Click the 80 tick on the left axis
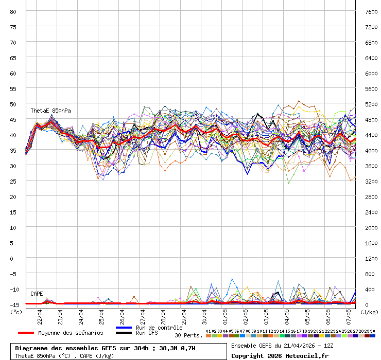coord(13,11)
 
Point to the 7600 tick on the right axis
coord(371,11)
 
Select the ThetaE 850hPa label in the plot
coord(50,111)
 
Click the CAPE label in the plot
coord(37,294)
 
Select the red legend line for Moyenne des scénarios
coord(26,333)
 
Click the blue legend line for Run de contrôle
coord(124,328)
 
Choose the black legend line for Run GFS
coord(124,333)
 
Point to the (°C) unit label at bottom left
coord(16,312)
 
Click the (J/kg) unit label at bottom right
coord(369,312)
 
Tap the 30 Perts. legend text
coord(188,335)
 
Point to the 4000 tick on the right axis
coord(371,150)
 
